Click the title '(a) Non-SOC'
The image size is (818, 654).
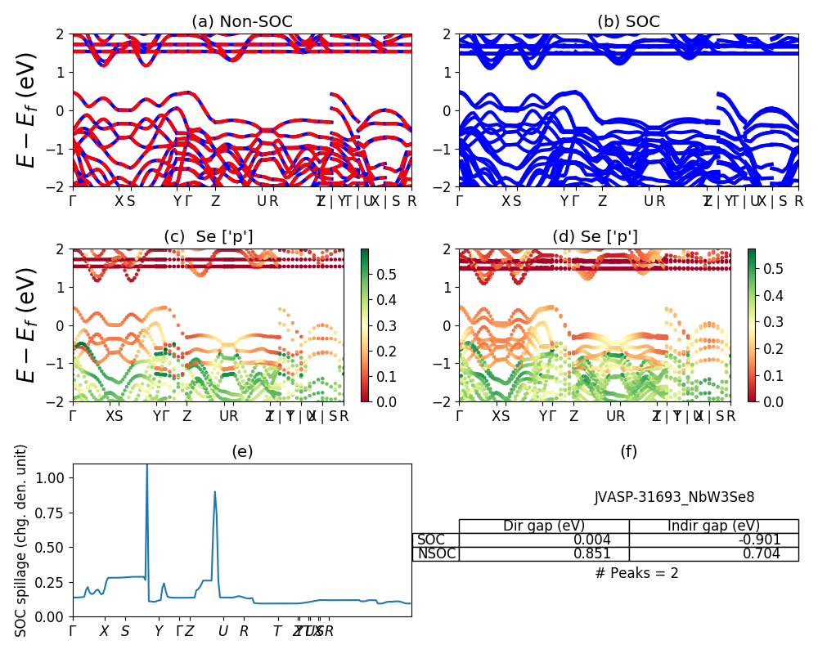(242, 22)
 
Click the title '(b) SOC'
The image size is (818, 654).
(628, 22)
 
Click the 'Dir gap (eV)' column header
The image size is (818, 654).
(543, 526)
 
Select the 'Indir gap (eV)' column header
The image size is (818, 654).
(713, 526)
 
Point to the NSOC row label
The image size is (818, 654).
(436, 553)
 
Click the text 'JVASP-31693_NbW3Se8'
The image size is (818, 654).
(674, 496)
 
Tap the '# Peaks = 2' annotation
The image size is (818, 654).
(637, 573)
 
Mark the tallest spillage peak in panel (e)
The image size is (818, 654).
(146, 466)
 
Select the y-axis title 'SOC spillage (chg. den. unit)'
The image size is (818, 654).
(21, 540)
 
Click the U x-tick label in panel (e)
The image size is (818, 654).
(222, 631)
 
